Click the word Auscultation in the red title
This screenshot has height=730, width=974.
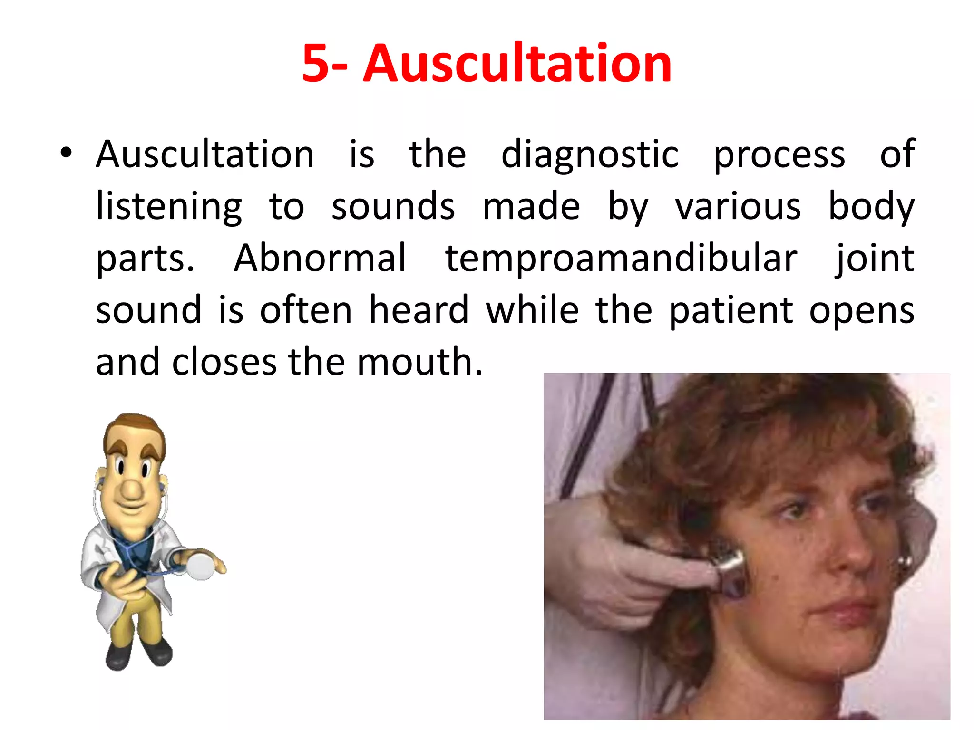click(517, 64)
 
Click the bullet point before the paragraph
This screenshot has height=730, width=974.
click(66, 153)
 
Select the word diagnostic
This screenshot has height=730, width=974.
click(590, 155)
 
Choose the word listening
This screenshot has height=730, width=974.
click(169, 207)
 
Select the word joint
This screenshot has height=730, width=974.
click(875, 259)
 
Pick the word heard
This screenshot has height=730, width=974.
click(419, 310)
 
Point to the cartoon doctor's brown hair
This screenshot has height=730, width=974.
click(136, 428)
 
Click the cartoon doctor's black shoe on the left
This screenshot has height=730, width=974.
click(118, 656)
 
